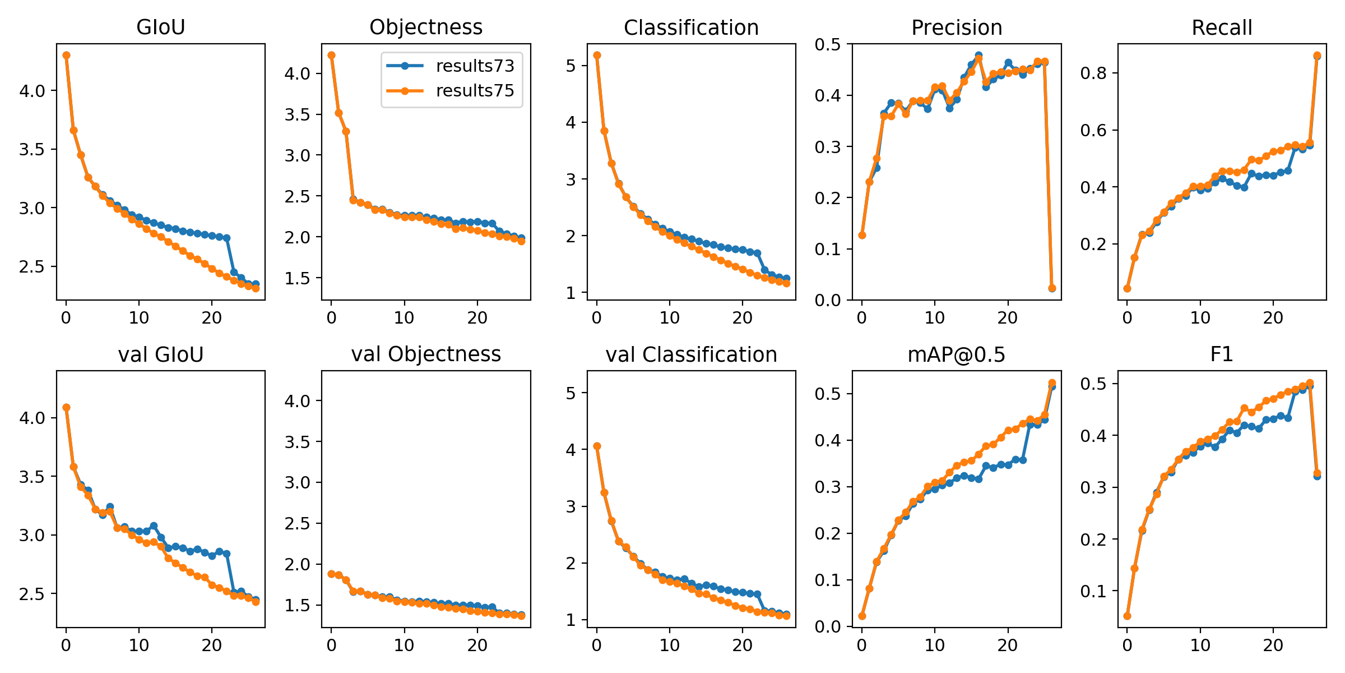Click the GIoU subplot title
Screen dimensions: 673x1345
[160, 27]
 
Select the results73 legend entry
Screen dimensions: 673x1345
[475, 66]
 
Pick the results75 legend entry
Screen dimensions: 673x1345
[475, 91]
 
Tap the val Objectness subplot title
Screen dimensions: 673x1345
[426, 354]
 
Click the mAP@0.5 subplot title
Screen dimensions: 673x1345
[956, 354]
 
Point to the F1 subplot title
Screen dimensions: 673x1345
[1222, 354]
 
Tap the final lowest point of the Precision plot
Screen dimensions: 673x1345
[1052, 288]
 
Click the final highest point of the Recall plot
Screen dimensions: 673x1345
[1317, 56]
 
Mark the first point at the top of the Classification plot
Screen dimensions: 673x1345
[597, 55]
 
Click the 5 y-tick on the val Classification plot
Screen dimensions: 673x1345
[571, 393]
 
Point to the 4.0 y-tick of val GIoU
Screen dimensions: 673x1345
[33, 418]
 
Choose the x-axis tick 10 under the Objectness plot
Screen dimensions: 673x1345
[404, 318]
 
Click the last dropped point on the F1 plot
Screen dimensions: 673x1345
[1317, 474]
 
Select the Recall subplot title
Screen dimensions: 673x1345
[1222, 27]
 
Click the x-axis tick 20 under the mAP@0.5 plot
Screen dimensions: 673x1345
[1008, 645]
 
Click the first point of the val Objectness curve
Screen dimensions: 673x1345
[331, 574]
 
